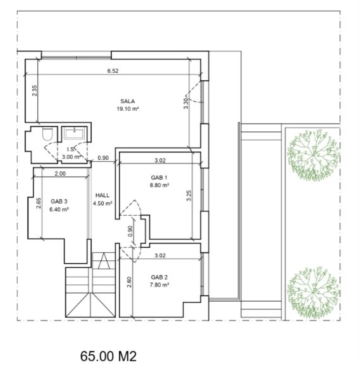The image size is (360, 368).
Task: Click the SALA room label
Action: coord(127,101)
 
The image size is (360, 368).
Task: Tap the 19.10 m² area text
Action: coord(128,109)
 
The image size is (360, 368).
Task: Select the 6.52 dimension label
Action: coord(113,71)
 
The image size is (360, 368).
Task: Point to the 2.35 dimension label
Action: coord(34,90)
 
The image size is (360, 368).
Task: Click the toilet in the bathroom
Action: coord(48,133)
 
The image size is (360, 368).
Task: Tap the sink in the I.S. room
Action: coord(74,133)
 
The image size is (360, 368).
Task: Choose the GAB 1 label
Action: coord(159,177)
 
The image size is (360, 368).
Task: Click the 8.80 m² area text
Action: coord(160,185)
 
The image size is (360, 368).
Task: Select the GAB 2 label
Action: coord(159,277)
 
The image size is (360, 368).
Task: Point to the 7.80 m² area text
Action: coord(160,285)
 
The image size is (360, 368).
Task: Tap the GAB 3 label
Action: coord(59,201)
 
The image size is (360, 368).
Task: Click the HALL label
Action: coord(102,195)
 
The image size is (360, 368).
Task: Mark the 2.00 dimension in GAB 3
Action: coord(60,174)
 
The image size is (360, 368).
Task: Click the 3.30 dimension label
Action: coord(186,103)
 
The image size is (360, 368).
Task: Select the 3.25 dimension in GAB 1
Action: coord(189,195)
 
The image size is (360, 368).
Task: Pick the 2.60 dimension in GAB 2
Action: coord(129,282)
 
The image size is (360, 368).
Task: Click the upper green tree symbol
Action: coord(313,155)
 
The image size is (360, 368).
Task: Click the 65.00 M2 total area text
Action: coord(108,356)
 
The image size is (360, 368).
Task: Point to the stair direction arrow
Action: coord(104,261)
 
